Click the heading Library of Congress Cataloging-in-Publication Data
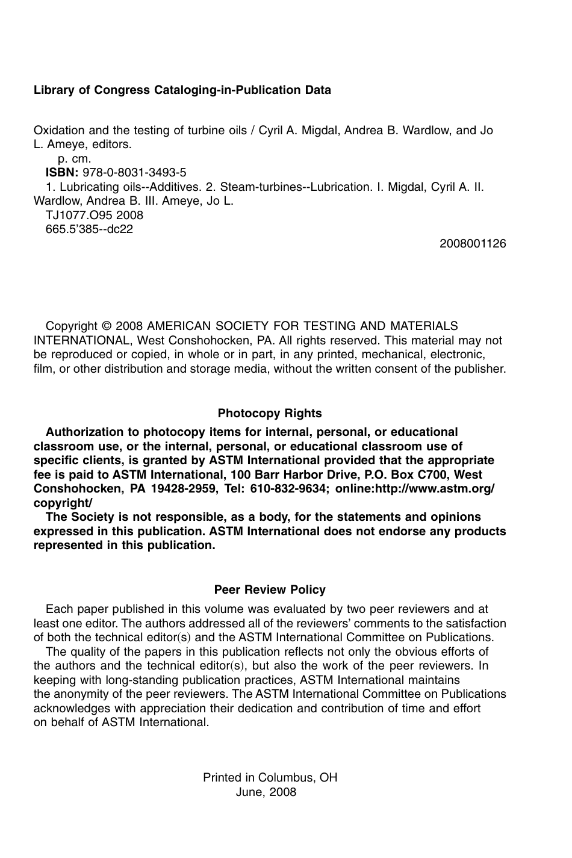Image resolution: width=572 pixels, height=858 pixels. point(182,90)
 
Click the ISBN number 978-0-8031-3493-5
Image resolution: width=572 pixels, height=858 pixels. point(134,173)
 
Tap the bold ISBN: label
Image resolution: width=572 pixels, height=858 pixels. point(62,173)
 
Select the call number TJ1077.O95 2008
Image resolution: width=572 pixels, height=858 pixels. point(95,215)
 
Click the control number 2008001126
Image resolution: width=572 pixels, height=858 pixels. point(473,244)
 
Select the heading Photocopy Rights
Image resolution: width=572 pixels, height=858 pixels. point(270,414)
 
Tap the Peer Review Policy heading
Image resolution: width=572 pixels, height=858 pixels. point(270,590)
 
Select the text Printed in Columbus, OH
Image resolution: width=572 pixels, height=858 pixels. point(270,778)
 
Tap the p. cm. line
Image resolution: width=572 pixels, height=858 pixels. point(74,159)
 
